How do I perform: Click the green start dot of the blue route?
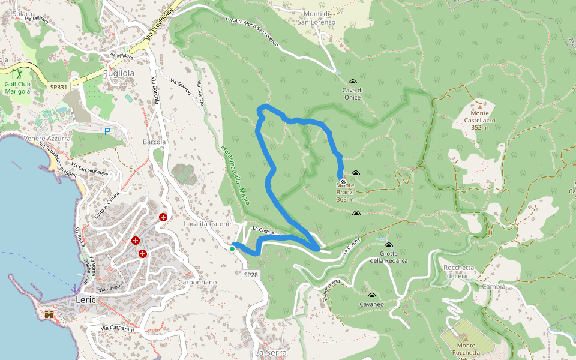click(x=232, y=248)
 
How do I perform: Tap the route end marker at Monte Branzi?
click(x=343, y=181)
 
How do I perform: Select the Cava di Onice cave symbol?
click(x=352, y=83)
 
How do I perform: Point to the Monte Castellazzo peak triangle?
click(x=479, y=106)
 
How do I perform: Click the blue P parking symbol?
click(x=107, y=131)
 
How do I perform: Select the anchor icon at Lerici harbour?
click(x=75, y=289)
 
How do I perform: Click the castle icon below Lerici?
click(x=49, y=314)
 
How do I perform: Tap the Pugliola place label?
click(x=118, y=73)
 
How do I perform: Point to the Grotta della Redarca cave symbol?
click(x=388, y=246)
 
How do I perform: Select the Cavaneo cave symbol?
click(x=371, y=296)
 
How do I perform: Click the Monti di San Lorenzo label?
click(x=316, y=18)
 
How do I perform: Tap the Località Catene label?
click(x=207, y=224)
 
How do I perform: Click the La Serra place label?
click(x=271, y=353)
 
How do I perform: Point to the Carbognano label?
click(x=197, y=282)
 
